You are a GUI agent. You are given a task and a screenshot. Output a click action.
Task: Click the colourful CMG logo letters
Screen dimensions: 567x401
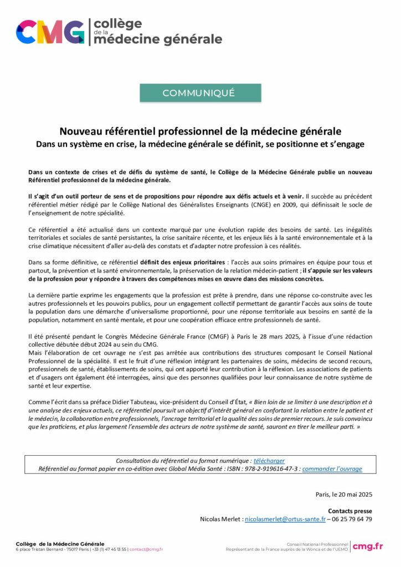[x=50, y=32]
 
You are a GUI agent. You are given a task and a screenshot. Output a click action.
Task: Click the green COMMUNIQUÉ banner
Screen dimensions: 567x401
[x=200, y=93]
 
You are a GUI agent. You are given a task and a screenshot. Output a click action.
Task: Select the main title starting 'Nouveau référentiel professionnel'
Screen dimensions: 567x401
[x=200, y=132]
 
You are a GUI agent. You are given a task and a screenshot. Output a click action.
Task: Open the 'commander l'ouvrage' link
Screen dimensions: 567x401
[x=332, y=469]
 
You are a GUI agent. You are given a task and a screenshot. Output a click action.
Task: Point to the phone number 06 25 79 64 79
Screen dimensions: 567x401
[x=351, y=519]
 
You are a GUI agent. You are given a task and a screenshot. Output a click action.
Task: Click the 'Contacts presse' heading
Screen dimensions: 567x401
[x=350, y=511]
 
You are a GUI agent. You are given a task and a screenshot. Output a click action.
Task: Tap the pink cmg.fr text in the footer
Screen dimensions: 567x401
[x=368, y=547]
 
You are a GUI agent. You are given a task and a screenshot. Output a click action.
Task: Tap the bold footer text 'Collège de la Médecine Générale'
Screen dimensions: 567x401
[x=52, y=544]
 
